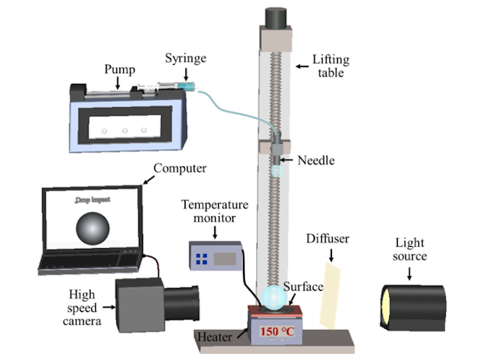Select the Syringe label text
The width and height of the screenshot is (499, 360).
click(186, 58)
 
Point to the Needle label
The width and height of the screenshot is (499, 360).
click(317, 160)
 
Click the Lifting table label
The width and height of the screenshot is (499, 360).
click(331, 66)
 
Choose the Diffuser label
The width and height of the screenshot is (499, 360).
click(327, 238)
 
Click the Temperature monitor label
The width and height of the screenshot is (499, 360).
click(216, 212)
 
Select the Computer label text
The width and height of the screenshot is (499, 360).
click(180, 168)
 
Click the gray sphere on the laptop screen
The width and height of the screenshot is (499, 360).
click(92, 228)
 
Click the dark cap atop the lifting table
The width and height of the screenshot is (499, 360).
click(276, 17)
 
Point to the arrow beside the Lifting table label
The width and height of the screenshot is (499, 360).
click(302, 65)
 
